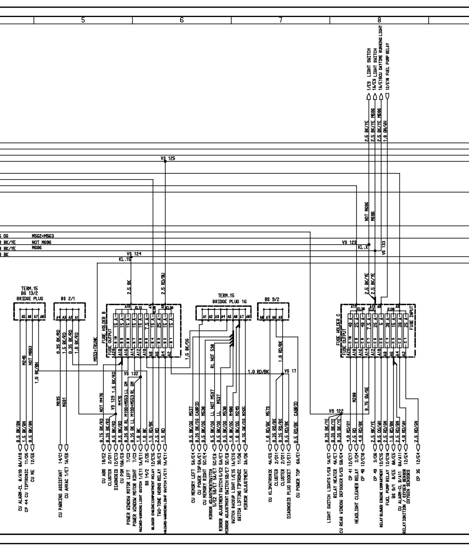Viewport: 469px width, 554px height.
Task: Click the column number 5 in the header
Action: point(83,20)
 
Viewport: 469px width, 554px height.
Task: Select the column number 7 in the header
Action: point(281,20)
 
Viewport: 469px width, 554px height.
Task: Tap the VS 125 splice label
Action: point(168,159)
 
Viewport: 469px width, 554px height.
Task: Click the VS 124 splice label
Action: point(134,254)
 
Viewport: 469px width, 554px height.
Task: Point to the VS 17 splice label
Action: point(290,371)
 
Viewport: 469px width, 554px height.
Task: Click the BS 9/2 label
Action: point(272,299)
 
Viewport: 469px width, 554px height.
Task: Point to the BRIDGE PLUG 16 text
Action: point(230,301)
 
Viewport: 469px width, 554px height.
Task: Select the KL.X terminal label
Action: point(363,248)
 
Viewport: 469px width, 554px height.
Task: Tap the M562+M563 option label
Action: point(43,236)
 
